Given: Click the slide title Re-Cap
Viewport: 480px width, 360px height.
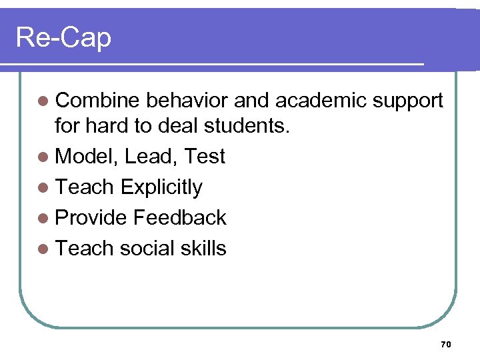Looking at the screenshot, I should [x=63, y=37].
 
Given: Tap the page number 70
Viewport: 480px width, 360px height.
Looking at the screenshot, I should [x=446, y=344].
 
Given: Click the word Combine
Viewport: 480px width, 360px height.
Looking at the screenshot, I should [x=98, y=100].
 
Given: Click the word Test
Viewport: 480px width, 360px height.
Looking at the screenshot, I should [x=205, y=157].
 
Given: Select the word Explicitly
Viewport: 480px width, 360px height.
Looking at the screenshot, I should [x=161, y=188].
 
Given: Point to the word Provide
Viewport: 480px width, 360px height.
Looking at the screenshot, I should [x=91, y=218].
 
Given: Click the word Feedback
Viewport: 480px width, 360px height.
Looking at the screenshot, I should [x=180, y=218].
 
